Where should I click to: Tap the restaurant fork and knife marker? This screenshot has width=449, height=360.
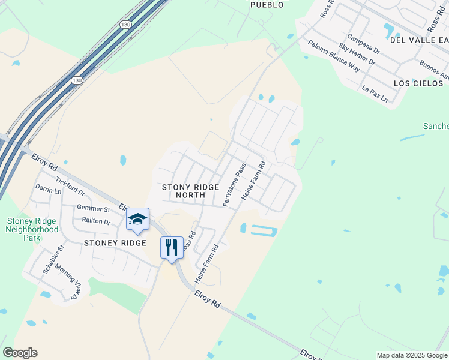click(172, 247)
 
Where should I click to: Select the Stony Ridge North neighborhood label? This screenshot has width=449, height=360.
click(190, 191)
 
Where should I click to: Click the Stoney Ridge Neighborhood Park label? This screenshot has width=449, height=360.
click(32, 229)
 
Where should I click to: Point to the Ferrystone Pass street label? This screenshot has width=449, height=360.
click(235, 186)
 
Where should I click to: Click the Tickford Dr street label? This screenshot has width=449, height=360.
click(70, 187)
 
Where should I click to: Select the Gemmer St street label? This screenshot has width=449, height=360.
click(93, 209)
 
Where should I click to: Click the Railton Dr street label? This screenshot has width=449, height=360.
click(97, 222)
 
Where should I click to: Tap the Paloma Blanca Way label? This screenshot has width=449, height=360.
click(334, 56)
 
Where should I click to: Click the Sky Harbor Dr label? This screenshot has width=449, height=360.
click(357, 54)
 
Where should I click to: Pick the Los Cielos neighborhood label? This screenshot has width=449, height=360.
click(418, 83)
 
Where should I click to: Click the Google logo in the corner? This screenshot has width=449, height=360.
click(20, 353)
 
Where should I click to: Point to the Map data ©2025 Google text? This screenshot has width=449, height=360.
click(412, 355)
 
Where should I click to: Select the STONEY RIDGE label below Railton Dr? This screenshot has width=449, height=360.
click(115, 243)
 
